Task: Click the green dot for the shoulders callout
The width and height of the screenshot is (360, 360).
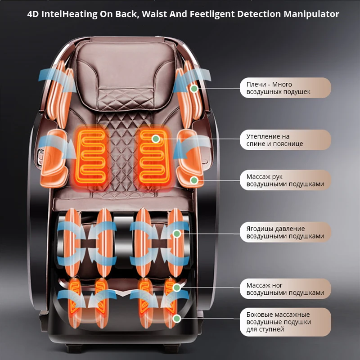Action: coord(194,89)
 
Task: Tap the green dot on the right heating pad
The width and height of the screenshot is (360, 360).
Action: coord(156,139)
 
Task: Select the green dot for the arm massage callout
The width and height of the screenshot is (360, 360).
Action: coord(194,180)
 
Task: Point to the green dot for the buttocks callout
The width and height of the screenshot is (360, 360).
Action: coord(177,234)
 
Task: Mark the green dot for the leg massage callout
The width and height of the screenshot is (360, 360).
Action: coord(177,287)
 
